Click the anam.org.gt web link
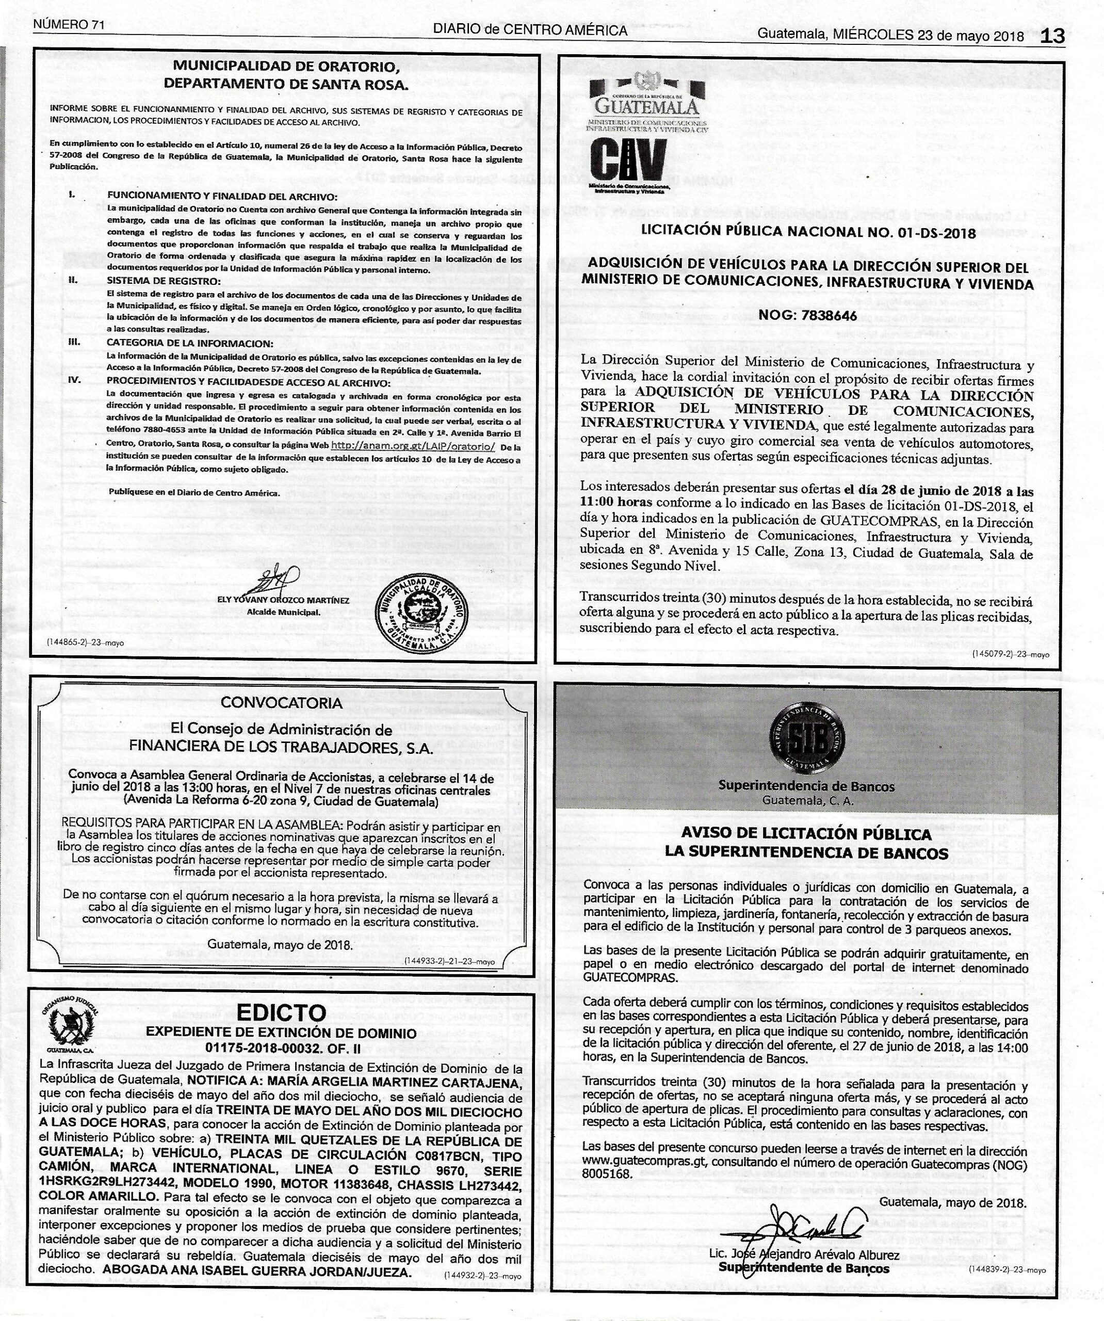click(x=413, y=446)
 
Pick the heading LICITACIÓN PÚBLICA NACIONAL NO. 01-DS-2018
click(x=808, y=232)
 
